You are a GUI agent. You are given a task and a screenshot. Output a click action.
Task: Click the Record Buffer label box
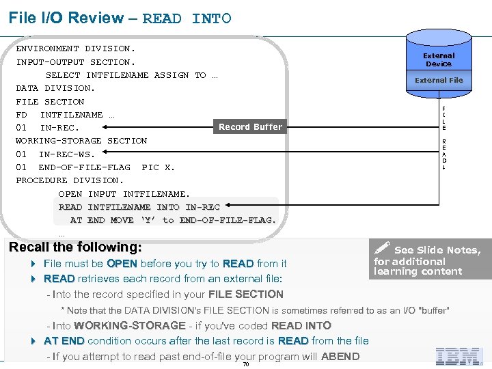[250, 126]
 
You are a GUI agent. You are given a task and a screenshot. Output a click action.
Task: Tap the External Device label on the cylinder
[439, 59]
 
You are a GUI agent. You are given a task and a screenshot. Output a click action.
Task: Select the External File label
[439, 80]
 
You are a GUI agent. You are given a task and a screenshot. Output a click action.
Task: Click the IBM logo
[460, 355]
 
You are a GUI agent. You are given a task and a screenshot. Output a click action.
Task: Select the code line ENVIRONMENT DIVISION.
[75, 49]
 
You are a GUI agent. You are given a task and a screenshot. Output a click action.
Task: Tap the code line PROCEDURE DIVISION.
[70, 180]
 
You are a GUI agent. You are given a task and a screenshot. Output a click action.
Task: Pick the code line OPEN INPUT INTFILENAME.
[124, 194]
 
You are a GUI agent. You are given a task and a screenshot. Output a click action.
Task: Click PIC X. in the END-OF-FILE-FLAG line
[158, 167]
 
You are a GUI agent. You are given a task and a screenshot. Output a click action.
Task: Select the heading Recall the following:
[75, 247]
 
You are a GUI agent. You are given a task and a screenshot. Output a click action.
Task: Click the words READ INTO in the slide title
[187, 18]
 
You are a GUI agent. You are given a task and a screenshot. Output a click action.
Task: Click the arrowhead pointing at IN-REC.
[105, 126]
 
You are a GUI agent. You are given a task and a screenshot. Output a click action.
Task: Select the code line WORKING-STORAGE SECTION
[81, 141]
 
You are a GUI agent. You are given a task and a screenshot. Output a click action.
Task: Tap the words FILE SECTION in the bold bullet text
[236, 295]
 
